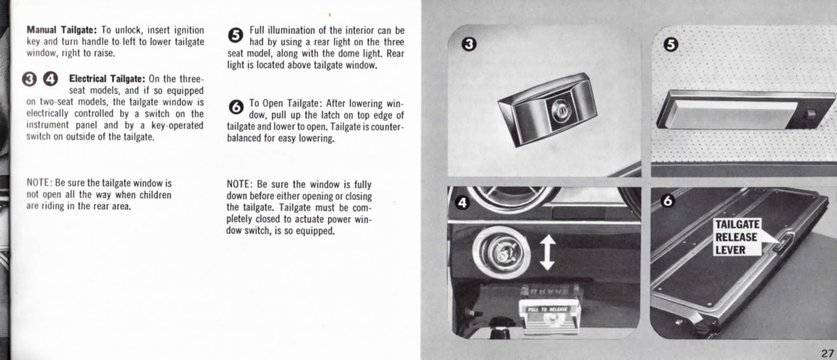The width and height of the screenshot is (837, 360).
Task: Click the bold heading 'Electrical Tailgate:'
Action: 107,79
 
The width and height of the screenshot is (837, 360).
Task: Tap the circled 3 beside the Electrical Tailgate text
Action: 30,79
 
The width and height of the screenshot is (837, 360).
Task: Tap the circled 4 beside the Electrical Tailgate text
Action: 51,79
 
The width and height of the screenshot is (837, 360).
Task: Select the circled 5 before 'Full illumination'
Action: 236,35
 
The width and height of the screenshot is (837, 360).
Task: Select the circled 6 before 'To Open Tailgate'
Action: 236,107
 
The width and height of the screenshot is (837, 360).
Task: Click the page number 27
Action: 827,353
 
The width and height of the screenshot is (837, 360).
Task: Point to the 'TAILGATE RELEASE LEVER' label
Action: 737,237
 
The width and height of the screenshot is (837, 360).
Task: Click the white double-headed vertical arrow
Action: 547,252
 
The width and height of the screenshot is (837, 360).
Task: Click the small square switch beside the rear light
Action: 811,113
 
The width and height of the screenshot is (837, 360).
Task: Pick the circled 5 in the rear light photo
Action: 671,44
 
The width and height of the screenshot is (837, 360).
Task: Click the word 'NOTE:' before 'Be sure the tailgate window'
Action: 40,183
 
